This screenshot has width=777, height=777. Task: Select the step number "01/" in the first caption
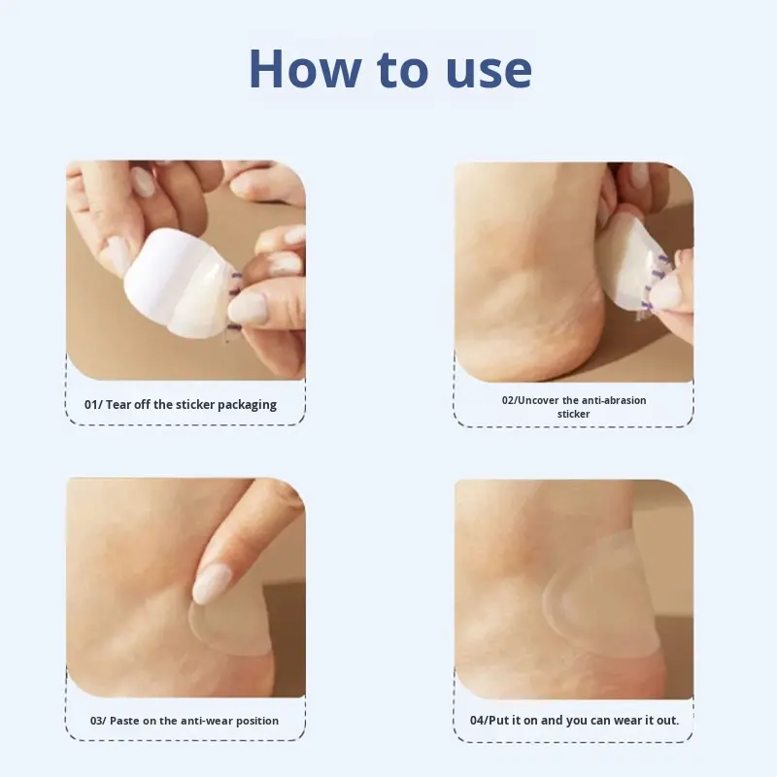coord(93,404)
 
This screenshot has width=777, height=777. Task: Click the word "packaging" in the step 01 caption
coord(247,405)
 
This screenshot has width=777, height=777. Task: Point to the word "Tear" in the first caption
coord(118,404)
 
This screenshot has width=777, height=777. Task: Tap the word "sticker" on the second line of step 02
coord(573,414)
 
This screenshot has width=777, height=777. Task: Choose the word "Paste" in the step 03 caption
coord(124,721)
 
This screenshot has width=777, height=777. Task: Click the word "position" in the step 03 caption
coord(256,721)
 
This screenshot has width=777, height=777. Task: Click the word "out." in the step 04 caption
coord(668,720)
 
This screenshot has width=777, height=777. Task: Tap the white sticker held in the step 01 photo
coord(179,284)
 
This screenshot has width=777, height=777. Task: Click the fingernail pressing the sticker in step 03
coord(212,586)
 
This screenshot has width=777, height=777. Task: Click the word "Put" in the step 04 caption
coord(498,720)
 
